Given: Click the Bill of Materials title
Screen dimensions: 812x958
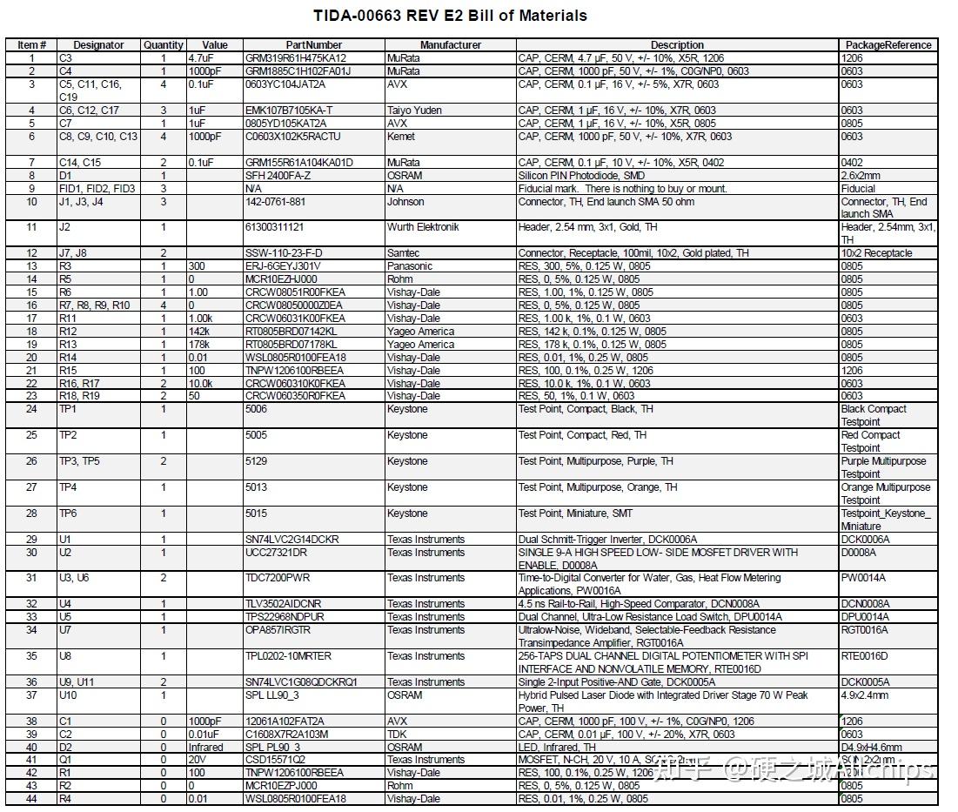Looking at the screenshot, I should [x=450, y=16].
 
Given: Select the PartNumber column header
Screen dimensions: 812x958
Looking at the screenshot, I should [x=314, y=45].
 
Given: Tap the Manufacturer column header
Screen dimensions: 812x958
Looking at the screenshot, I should [x=450, y=45].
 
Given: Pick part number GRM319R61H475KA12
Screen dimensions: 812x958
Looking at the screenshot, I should [x=295, y=58].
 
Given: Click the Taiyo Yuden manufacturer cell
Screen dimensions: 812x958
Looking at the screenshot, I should [x=414, y=111].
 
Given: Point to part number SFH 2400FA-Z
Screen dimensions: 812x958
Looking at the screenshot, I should [x=278, y=176].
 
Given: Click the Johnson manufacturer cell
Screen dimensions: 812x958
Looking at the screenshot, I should [x=405, y=202].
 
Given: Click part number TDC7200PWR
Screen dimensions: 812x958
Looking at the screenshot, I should [x=278, y=578].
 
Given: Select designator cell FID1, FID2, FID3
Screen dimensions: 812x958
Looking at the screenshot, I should [x=97, y=189].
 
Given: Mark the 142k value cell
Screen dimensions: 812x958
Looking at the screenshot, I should [x=200, y=332].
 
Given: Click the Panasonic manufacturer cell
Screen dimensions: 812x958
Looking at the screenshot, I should [x=409, y=266].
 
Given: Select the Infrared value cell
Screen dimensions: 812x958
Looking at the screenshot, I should [x=206, y=748].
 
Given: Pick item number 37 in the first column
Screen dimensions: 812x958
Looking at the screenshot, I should [x=32, y=695].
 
